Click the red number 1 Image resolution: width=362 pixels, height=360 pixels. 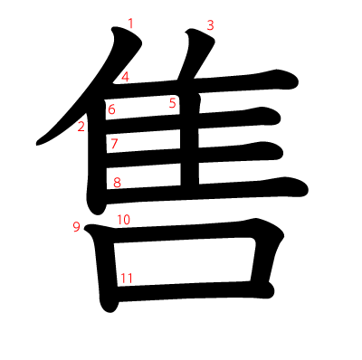[x=131, y=23]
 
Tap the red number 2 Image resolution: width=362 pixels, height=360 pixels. [x=81, y=126]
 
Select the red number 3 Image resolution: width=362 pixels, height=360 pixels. [x=210, y=25]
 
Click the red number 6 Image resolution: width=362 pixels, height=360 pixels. [x=112, y=110]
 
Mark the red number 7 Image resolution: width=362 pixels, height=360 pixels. [x=114, y=143]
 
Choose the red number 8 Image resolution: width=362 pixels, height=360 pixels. [x=117, y=182]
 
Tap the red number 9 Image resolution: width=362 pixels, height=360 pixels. [x=77, y=226]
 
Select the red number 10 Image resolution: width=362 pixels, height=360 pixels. [x=124, y=220]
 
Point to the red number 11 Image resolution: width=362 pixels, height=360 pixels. [x=126, y=278]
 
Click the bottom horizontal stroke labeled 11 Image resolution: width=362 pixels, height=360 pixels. [x=190, y=289]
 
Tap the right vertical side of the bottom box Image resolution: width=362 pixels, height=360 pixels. [x=265, y=262]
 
